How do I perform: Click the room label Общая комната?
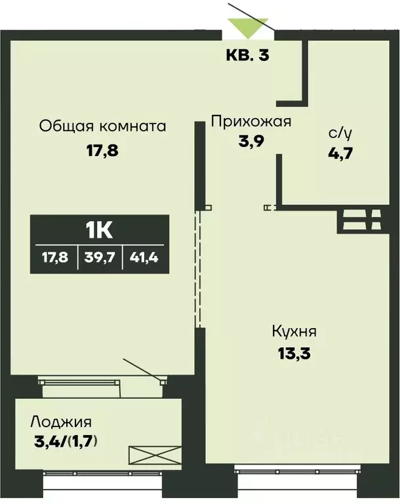(x=102, y=125)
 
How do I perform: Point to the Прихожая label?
(x=250, y=121)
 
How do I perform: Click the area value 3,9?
(x=251, y=142)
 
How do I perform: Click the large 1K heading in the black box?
(x=100, y=230)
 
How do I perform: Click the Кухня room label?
(x=290, y=331)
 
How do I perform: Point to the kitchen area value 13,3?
(x=289, y=355)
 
